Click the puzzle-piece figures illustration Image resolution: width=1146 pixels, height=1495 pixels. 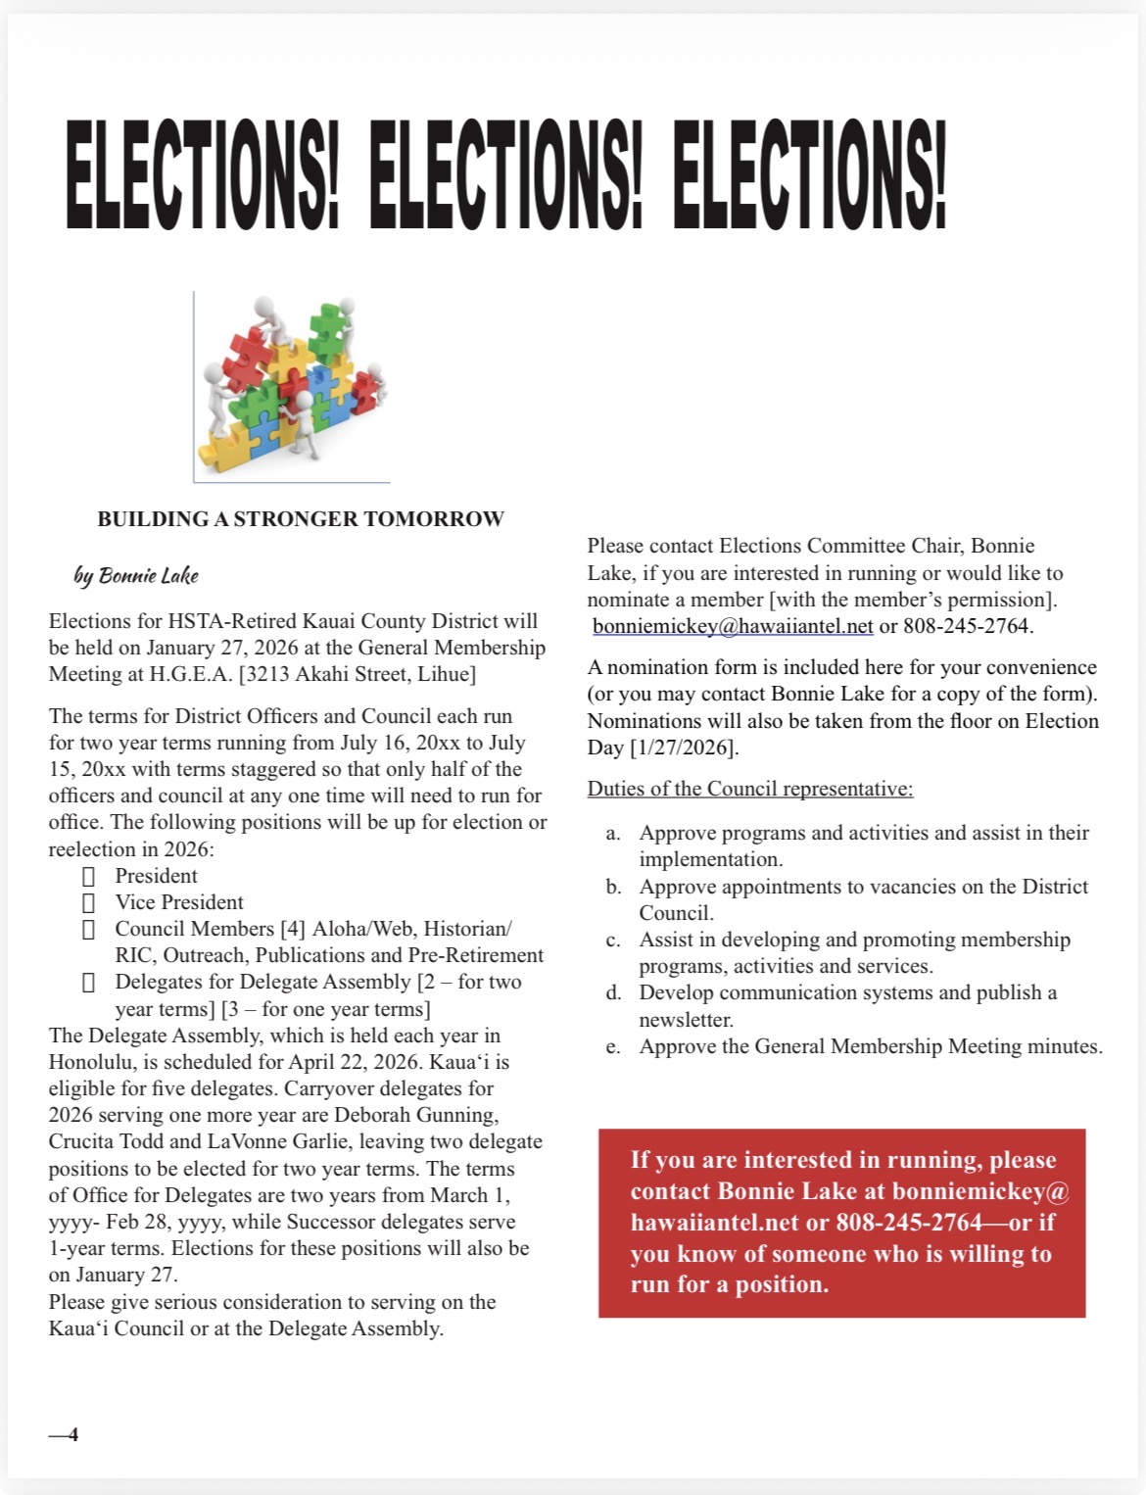[x=292, y=386]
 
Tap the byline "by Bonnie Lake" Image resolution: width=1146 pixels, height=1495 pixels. [x=136, y=575]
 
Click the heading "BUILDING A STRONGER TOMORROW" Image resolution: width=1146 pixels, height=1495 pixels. [x=301, y=519]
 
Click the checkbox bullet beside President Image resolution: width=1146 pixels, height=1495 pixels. [x=89, y=876]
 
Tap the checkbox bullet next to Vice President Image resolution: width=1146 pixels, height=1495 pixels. [x=89, y=902]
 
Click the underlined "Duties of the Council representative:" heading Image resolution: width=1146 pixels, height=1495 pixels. [x=750, y=789]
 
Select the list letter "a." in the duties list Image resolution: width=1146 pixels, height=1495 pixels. [x=613, y=833]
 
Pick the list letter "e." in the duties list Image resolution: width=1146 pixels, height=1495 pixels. [x=613, y=1046]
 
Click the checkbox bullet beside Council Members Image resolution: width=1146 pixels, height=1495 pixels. [x=89, y=929]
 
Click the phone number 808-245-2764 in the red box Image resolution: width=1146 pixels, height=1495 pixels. [x=908, y=1223]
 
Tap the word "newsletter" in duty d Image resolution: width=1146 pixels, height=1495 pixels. [x=686, y=1020]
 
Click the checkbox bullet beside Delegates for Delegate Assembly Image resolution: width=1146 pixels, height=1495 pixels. [x=89, y=982]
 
